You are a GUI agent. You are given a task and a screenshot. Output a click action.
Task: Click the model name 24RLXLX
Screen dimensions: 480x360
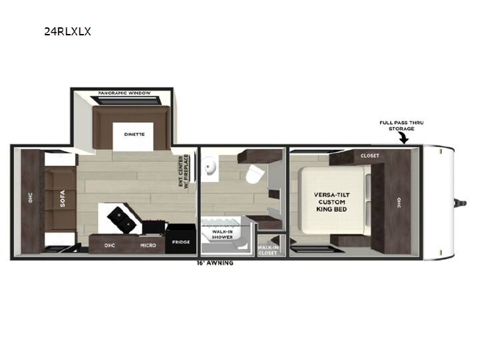click(x=67, y=31)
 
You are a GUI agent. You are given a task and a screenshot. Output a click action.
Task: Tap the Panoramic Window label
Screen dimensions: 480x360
click(x=124, y=93)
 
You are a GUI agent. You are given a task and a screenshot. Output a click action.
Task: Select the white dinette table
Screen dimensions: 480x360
click(x=133, y=137)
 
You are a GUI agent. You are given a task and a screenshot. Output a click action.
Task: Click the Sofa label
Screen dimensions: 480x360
click(x=63, y=199)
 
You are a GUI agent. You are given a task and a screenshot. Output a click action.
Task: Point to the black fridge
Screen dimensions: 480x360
click(x=181, y=239)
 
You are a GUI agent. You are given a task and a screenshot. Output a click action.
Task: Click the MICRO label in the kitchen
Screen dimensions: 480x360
click(x=148, y=245)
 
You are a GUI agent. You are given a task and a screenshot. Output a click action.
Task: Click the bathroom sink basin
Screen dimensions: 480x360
click(x=211, y=166)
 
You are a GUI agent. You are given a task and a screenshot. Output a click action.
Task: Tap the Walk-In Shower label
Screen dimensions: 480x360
click(x=222, y=235)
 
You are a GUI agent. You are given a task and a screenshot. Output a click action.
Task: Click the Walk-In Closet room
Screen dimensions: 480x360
click(x=271, y=245)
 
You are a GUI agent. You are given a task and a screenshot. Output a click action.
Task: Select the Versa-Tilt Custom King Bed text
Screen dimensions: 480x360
click(x=331, y=202)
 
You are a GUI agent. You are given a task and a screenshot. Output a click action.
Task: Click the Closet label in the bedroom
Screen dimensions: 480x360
click(x=370, y=156)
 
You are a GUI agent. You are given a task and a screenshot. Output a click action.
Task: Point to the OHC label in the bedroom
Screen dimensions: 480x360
click(x=399, y=203)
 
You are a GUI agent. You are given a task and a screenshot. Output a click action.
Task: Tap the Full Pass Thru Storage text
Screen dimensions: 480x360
click(x=401, y=125)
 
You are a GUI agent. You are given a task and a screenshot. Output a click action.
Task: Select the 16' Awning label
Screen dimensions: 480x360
click(x=215, y=263)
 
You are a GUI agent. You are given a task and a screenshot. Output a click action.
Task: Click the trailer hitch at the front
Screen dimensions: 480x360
click(x=460, y=203)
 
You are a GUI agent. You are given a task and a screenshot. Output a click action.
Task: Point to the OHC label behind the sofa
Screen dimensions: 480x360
click(x=30, y=198)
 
